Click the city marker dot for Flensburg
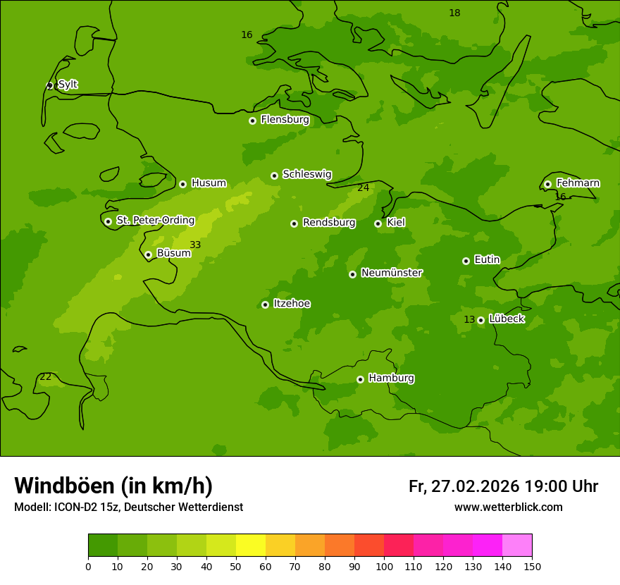point(252,121)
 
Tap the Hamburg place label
point(391,378)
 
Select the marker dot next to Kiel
point(378,223)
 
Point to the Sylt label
point(68,85)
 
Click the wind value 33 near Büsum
point(195,245)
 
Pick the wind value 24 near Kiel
point(363,187)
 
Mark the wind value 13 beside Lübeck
point(469,319)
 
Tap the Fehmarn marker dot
point(547,184)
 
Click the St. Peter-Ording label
point(155,220)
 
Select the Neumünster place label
point(391,273)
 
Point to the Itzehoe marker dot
point(265,304)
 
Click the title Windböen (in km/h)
point(113,486)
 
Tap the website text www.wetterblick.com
point(508,507)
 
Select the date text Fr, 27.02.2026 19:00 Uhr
point(503,486)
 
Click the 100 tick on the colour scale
point(384,566)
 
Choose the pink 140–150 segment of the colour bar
point(517,546)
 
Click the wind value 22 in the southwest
point(46,376)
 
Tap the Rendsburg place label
point(328,223)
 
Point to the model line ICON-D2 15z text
point(128,507)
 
